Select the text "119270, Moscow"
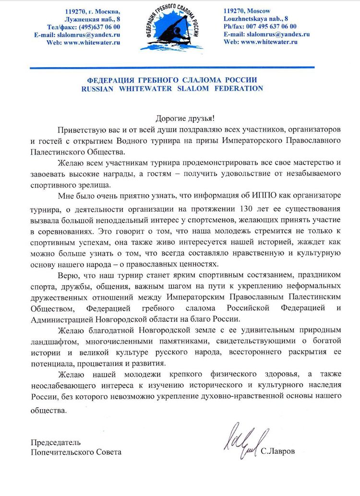[x=247, y=11]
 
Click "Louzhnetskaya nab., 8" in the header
[x=256, y=19]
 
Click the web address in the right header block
[x=261, y=42]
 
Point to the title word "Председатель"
[x=56, y=442]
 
